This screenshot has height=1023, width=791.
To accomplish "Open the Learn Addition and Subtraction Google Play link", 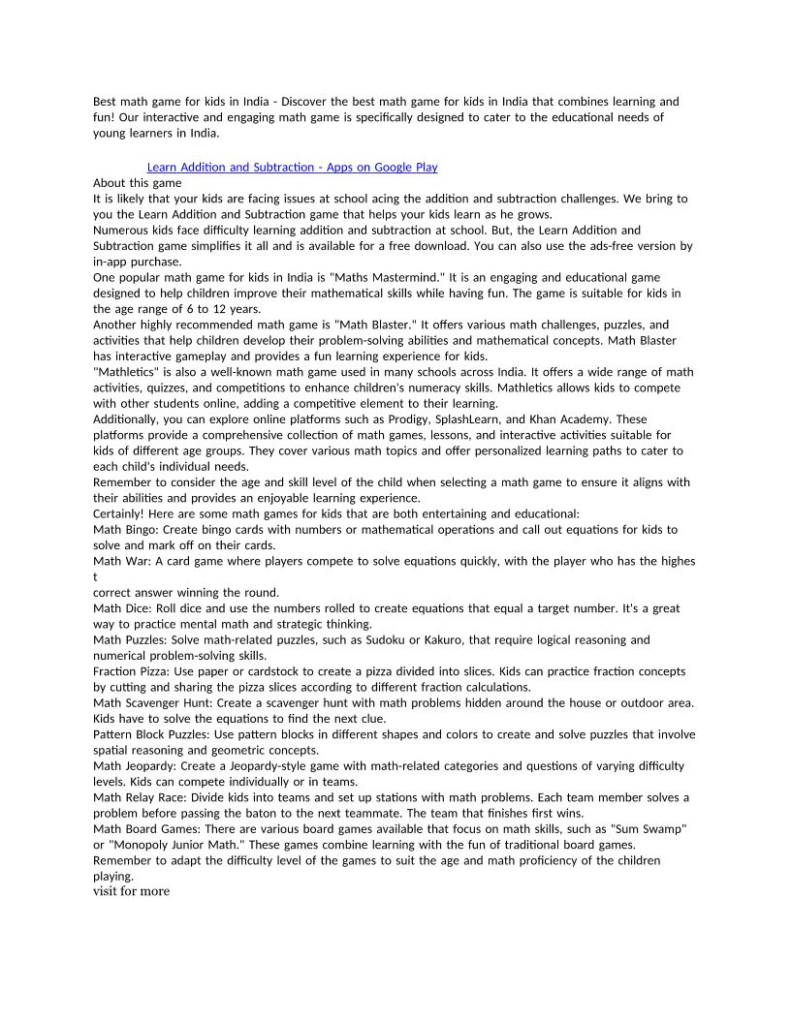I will (292, 168).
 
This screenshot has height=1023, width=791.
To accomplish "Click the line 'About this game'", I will (137, 183).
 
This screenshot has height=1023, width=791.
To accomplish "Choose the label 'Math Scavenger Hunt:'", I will (153, 702).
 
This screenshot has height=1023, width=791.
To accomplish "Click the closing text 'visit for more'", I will (131, 891).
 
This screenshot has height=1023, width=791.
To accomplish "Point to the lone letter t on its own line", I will (95, 577).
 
